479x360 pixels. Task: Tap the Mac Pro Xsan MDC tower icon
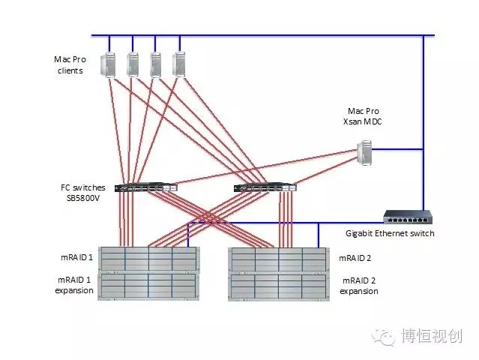365,152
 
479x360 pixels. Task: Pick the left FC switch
146,187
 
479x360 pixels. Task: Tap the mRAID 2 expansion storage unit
278,286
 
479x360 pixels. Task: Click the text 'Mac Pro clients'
68,64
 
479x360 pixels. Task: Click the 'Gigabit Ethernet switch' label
390,233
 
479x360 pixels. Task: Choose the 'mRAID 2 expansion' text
359,286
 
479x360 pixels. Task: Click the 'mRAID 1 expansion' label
74,286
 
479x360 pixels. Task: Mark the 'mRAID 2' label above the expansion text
356,258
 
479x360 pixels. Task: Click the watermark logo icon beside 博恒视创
386,337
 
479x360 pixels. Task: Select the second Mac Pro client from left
133,64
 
